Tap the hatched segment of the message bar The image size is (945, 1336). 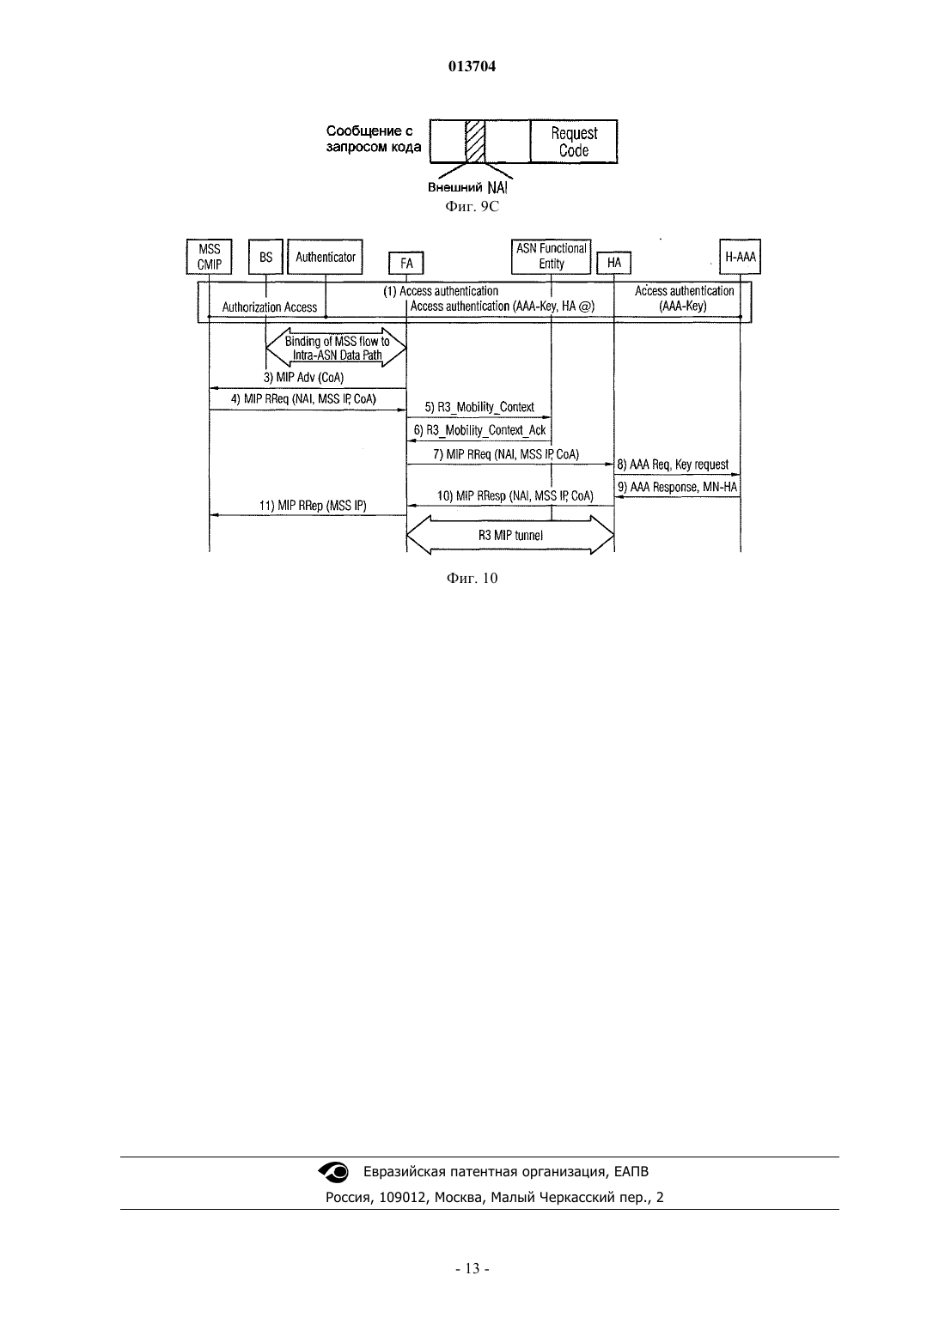tap(475, 142)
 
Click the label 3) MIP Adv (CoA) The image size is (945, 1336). tap(303, 378)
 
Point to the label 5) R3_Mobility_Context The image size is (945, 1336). tap(479, 407)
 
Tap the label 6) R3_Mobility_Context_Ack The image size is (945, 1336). tap(479, 430)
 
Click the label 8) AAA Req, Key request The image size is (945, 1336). tap(673, 464)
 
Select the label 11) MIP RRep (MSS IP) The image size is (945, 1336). tap(313, 505)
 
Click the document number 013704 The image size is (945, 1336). tap(472, 66)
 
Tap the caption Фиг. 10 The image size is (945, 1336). tap(472, 578)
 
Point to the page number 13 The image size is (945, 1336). tap(472, 1268)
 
